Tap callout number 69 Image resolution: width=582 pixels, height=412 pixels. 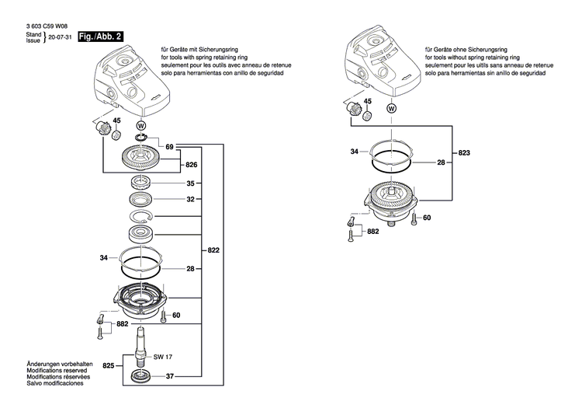tap(169, 146)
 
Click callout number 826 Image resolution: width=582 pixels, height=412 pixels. tap(191, 166)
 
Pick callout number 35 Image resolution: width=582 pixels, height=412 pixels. tap(191, 184)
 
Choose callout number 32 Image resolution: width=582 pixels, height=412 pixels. tap(191, 200)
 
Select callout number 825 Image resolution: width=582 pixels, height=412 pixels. tap(109, 365)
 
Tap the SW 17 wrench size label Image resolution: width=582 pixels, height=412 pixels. tap(162, 357)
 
